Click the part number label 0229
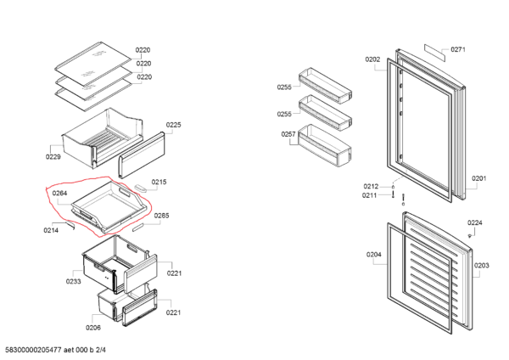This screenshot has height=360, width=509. (53, 157)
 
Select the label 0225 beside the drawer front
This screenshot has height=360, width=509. (174, 125)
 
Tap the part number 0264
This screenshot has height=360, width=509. (59, 194)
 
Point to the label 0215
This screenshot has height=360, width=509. (159, 182)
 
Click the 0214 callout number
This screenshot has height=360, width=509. (51, 230)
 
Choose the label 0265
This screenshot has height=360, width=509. (162, 216)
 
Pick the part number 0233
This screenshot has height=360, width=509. (73, 281)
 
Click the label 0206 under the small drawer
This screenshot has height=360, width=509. (93, 328)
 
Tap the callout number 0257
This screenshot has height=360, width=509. (288, 134)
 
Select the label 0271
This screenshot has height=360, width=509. (458, 49)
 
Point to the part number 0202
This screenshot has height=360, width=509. (372, 59)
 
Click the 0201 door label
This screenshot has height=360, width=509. (479, 178)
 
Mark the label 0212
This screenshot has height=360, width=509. (371, 186)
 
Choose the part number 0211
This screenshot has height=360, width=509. (370, 195)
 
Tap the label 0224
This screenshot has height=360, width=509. (475, 223)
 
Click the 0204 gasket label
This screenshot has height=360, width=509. (374, 255)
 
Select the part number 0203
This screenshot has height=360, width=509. (481, 266)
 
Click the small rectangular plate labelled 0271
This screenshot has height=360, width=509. (434, 53)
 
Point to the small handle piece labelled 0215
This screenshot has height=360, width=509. (141, 188)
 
